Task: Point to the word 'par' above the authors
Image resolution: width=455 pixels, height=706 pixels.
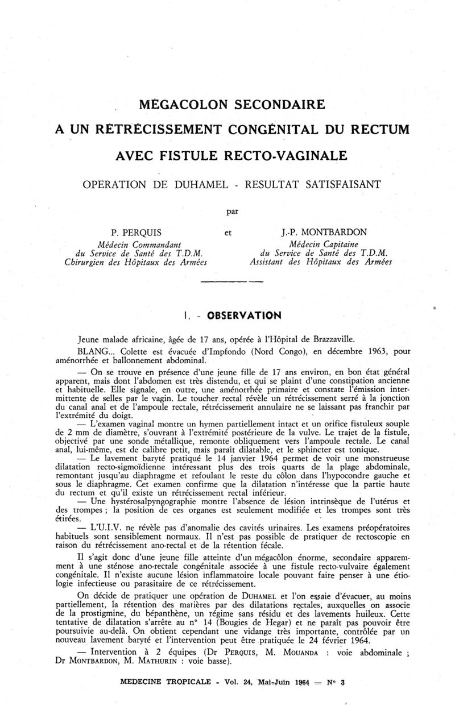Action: click(232, 211)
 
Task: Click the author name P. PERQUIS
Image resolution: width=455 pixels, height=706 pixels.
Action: click(136, 232)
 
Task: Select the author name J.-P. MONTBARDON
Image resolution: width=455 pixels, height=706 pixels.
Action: click(322, 232)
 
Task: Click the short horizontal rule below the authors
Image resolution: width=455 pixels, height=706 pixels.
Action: click(232, 282)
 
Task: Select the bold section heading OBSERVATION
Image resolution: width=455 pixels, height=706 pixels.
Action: click(244, 315)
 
